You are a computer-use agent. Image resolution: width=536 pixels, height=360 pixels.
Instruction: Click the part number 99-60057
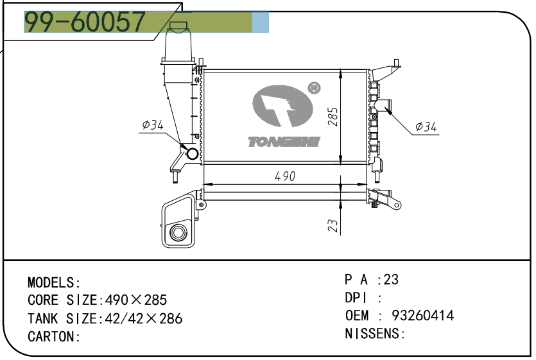85,22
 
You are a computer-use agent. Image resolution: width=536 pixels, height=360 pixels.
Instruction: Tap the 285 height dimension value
333,117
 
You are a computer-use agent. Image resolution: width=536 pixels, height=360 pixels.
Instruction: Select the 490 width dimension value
285,176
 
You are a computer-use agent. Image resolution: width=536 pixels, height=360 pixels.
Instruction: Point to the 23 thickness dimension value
333,225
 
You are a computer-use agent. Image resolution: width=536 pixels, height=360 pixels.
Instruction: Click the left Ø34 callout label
153,124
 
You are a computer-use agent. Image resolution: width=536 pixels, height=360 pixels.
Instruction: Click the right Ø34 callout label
426,127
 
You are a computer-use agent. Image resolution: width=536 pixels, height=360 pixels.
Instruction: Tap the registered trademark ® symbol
314,88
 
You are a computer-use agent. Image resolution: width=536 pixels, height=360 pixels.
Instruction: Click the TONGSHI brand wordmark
284,142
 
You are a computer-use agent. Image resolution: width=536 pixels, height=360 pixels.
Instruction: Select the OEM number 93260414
422,315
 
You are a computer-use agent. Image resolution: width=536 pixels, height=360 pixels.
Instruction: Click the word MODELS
51,283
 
